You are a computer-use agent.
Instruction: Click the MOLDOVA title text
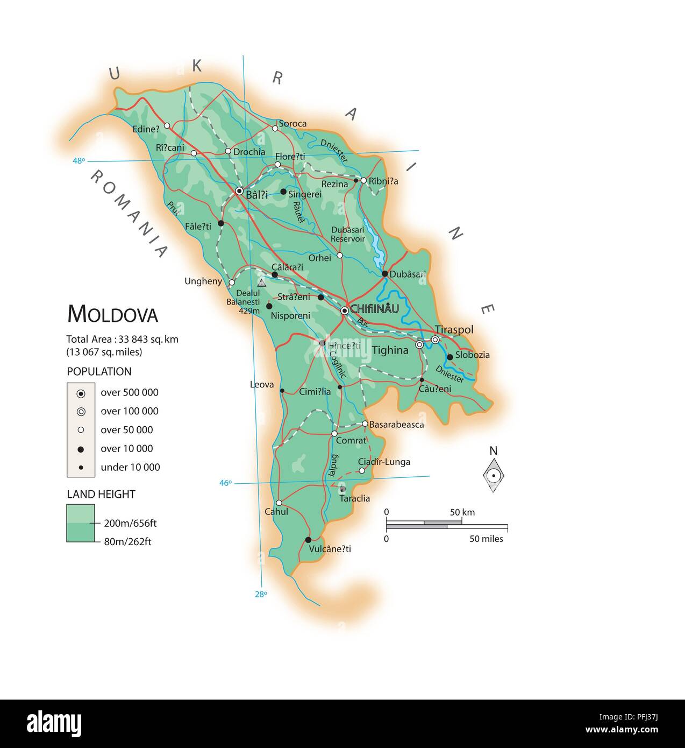tap(112, 314)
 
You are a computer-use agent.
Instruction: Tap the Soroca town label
tap(292, 123)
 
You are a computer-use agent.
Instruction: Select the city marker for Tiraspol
tap(435, 340)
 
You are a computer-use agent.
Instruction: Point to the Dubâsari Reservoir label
tap(347, 234)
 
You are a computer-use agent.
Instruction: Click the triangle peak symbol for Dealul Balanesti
tap(261, 283)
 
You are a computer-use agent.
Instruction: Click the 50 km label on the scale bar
tap(462, 512)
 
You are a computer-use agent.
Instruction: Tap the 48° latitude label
tap(79, 160)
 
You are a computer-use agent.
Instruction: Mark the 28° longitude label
tap(261, 594)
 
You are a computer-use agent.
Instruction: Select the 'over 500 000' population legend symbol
tap(81, 393)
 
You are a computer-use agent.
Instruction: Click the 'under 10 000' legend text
tap(130, 467)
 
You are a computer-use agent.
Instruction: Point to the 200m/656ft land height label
tap(130, 523)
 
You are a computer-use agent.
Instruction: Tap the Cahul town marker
tap(279, 503)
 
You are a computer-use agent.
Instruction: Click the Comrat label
tap(351, 440)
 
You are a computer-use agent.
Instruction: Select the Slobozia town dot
tap(449, 356)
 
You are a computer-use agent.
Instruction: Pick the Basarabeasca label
tap(396, 424)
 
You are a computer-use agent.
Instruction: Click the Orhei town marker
tap(339, 255)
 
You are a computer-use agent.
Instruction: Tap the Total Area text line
tap(122, 339)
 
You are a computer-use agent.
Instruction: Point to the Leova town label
tap(262, 384)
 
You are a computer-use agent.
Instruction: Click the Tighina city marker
tap(419, 344)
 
